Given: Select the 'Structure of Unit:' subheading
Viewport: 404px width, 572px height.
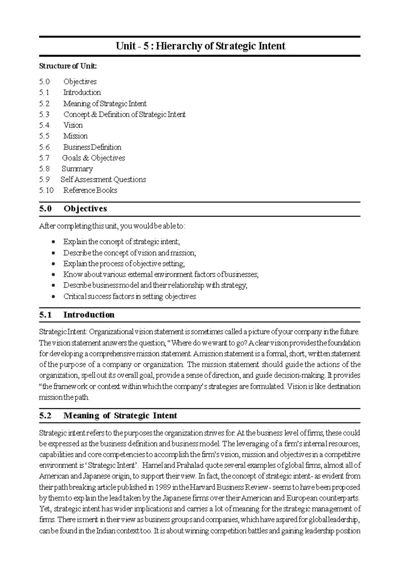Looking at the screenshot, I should click(x=68, y=66).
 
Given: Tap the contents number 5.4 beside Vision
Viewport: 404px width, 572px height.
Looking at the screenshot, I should click(x=44, y=125).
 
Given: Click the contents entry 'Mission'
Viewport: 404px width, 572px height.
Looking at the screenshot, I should click(x=75, y=136).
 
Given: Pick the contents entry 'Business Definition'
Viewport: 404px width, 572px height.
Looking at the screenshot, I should click(x=92, y=147).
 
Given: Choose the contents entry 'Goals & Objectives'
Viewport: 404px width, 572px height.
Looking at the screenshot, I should click(x=93, y=158).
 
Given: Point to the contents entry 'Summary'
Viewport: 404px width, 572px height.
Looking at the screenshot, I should click(x=77, y=169).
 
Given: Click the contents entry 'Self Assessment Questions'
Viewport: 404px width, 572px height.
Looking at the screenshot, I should click(x=103, y=180).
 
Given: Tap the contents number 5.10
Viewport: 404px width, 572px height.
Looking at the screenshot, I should click(x=46, y=190).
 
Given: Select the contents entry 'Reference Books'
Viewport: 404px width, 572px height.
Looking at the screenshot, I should click(x=90, y=190).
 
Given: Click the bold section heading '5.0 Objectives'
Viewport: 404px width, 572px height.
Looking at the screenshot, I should click(x=73, y=209).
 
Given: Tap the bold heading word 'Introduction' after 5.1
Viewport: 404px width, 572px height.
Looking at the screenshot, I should click(x=89, y=315).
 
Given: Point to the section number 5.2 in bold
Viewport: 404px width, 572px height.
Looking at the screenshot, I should click(x=45, y=416).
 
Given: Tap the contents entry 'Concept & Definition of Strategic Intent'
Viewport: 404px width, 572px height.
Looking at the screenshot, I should click(x=124, y=115).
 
